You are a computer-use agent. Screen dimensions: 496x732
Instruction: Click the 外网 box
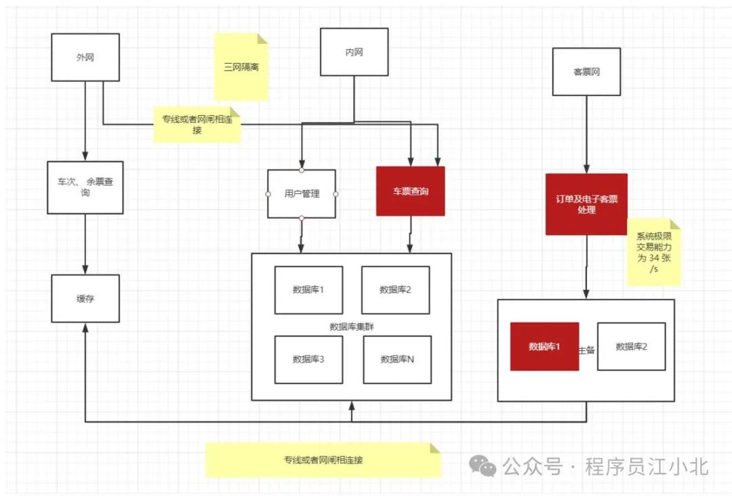(x=85, y=57)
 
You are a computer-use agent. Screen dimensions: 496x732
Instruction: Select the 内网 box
(x=354, y=51)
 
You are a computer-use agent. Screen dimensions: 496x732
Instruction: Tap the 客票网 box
(x=586, y=71)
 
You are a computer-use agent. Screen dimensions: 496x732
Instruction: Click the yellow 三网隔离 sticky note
(x=241, y=67)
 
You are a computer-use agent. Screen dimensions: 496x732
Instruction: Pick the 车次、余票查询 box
(x=85, y=187)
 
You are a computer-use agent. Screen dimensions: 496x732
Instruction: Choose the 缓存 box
(x=85, y=298)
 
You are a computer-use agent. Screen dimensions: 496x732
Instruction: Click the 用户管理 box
(x=302, y=194)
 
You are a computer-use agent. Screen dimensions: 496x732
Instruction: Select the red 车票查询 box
(x=410, y=191)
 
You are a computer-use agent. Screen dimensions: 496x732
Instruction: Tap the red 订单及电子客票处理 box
(x=586, y=204)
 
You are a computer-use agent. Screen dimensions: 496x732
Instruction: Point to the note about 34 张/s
(x=653, y=252)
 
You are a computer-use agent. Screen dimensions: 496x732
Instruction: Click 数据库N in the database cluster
(x=396, y=359)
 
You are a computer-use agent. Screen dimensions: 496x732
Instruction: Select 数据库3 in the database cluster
(x=308, y=359)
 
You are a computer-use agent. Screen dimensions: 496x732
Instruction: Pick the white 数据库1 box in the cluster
(x=308, y=290)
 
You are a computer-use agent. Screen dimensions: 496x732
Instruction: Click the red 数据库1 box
(x=544, y=346)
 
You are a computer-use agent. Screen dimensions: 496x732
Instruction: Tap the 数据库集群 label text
(x=352, y=326)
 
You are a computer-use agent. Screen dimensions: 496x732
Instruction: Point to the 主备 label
(x=587, y=350)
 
